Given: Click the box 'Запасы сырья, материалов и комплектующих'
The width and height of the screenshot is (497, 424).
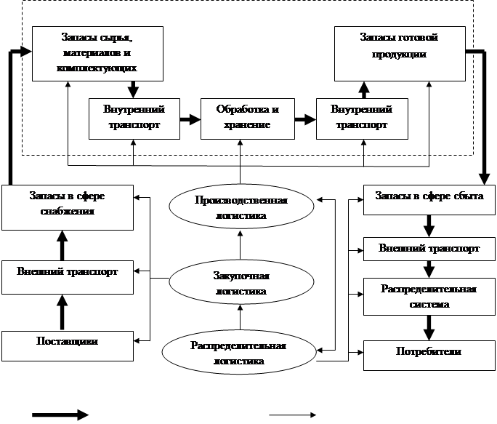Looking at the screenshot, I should coord(97,53).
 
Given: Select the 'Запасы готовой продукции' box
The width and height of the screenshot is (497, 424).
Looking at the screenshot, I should coord(399,53).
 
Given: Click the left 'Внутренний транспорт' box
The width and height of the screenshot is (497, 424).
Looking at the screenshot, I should coord(133,117).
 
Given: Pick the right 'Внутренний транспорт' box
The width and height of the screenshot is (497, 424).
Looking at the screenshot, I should coord(361,117).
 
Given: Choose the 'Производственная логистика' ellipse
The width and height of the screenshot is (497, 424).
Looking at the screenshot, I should coord(241,209).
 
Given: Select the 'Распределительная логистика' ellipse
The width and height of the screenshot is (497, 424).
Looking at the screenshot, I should coord(241,352).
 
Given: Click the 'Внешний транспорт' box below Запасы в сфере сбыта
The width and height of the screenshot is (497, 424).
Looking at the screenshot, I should coord(429,249).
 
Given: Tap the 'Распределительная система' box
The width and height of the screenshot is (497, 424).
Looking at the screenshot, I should coord(429,297).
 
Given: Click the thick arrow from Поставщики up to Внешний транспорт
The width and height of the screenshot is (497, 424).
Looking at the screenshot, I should coord(62,313).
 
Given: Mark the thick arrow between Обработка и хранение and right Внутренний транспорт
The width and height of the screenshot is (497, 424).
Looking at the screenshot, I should coord(304,117).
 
